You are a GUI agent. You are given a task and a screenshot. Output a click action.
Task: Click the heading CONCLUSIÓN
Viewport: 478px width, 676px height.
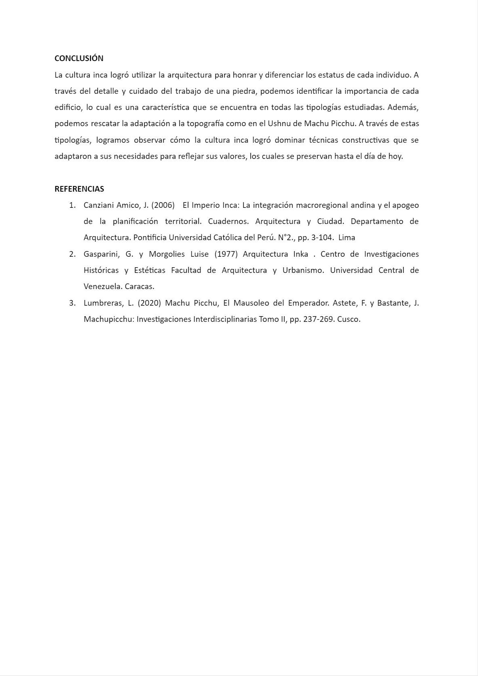click(x=79, y=58)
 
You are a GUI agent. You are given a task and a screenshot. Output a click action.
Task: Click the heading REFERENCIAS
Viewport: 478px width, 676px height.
click(x=79, y=189)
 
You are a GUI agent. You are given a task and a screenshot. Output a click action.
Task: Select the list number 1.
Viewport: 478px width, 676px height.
click(x=72, y=205)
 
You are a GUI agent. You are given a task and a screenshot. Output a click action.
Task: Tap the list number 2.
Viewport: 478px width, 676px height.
click(x=72, y=254)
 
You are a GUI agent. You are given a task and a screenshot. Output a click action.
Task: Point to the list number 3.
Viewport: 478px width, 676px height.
click(x=72, y=303)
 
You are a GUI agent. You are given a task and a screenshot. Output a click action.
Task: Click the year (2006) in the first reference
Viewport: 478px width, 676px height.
click(x=163, y=205)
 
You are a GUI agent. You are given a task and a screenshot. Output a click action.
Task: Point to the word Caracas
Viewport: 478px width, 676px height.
click(x=139, y=287)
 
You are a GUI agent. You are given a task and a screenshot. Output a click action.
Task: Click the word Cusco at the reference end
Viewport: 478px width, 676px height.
click(x=349, y=319)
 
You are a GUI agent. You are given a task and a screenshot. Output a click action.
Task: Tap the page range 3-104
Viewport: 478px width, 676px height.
click(x=322, y=238)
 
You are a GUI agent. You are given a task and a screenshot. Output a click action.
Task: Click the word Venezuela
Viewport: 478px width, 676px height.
click(x=102, y=287)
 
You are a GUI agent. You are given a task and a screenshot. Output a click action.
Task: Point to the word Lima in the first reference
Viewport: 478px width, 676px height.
click(x=347, y=238)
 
